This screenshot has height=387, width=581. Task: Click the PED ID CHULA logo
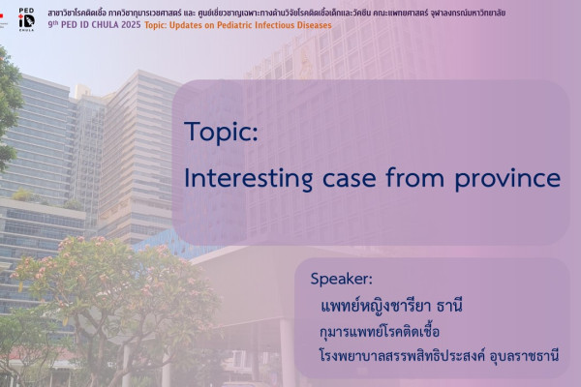(x=26, y=19)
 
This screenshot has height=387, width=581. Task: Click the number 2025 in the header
(x=131, y=25)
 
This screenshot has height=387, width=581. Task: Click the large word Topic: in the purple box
(x=222, y=133)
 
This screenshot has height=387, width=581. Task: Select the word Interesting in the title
(x=248, y=179)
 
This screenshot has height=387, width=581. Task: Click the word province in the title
(x=507, y=180)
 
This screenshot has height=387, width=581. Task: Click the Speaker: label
(x=341, y=279)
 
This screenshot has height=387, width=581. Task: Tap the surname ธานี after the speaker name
(x=450, y=306)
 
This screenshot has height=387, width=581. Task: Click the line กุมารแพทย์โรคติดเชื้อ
(x=380, y=331)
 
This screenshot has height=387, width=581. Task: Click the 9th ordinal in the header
(x=53, y=25)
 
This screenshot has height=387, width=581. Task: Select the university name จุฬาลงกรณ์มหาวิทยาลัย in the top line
(x=468, y=13)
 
